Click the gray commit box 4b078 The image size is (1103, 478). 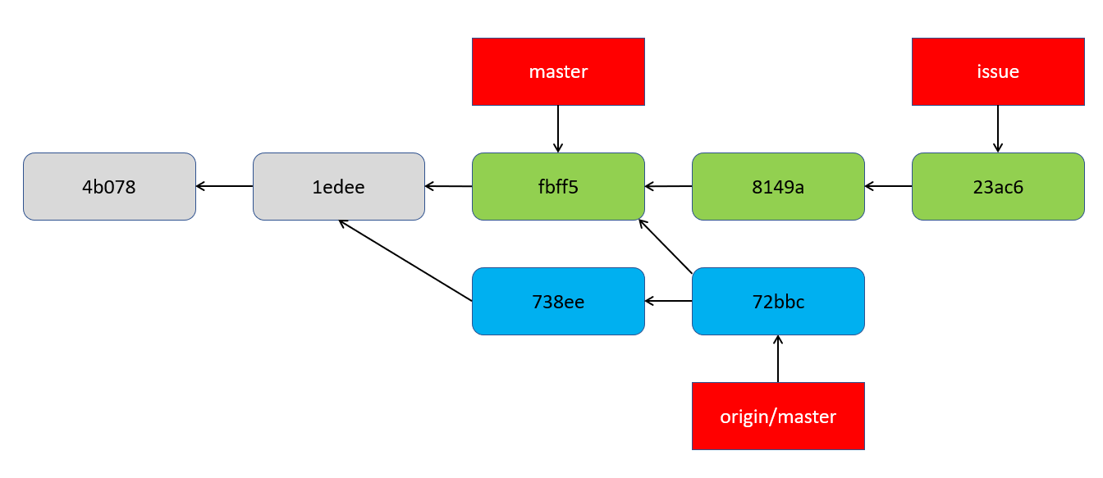(109, 186)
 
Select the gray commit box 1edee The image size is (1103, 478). (338, 186)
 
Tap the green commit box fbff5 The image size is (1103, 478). (558, 186)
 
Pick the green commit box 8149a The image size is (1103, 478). (778, 186)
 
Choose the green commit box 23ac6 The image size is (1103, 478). (998, 186)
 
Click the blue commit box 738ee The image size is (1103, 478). (558, 301)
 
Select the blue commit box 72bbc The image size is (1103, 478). (778, 301)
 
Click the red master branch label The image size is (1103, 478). (558, 71)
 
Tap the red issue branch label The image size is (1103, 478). (998, 71)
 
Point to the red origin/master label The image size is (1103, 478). (778, 416)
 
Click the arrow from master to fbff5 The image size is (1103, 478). (558, 129)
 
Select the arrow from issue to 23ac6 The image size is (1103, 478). (998, 129)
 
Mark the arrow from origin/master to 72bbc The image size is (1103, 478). (778, 358)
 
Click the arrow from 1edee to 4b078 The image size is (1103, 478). (224, 186)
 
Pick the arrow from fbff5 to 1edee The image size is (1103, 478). (448, 186)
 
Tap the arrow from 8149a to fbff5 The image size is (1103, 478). (668, 186)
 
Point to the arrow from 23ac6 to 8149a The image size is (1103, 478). (888, 186)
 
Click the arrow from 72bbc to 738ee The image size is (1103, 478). (668, 301)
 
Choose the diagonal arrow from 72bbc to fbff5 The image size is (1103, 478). (666, 246)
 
